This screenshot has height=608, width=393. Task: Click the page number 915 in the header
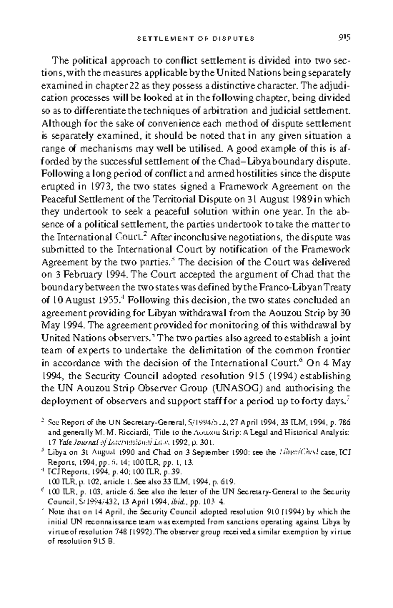coord(344,38)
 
